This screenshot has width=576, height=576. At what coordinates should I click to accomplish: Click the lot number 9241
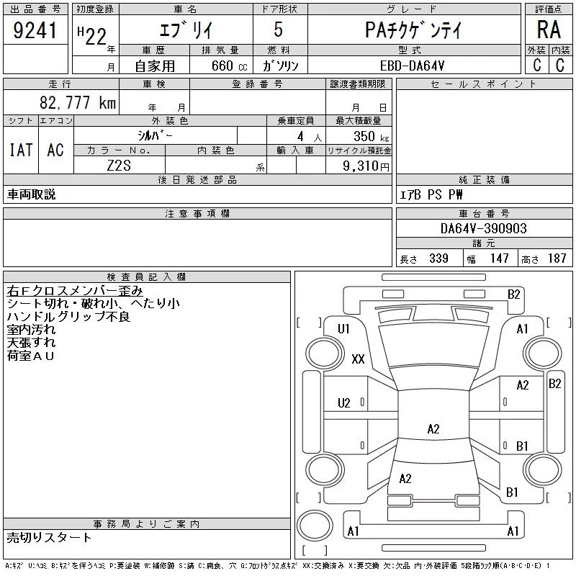[35, 30]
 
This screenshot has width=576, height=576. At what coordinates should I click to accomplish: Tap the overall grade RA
[549, 30]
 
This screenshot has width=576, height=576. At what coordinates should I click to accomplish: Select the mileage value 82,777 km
[78, 102]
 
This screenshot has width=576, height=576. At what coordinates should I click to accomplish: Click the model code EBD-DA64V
[412, 66]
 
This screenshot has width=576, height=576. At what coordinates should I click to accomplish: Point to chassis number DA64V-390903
[483, 228]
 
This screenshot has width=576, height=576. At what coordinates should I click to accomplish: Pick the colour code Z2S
[119, 166]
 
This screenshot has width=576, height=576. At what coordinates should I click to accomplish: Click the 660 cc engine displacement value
[229, 66]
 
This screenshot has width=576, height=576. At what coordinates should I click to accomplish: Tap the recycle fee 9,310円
[366, 166]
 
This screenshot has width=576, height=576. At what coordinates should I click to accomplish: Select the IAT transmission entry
[21, 150]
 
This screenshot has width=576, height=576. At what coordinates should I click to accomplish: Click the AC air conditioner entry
[55, 150]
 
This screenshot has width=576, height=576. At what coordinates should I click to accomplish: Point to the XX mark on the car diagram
[358, 359]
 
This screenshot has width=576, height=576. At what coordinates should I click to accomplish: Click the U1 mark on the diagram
[343, 329]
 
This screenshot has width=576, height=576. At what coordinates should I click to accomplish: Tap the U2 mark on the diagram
[344, 403]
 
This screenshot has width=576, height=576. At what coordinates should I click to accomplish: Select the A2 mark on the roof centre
[433, 428]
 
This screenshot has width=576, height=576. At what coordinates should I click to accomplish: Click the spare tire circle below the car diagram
[315, 526]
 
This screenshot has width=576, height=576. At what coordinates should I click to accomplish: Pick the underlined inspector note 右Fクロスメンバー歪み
[75, 291]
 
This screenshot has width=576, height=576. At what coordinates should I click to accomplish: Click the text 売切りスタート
[49, 537]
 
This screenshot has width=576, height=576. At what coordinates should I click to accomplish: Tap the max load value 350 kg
[371, 136]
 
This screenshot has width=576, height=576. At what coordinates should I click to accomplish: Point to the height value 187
[557, 258]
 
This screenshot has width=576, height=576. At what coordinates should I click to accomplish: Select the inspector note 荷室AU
[30, 356]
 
